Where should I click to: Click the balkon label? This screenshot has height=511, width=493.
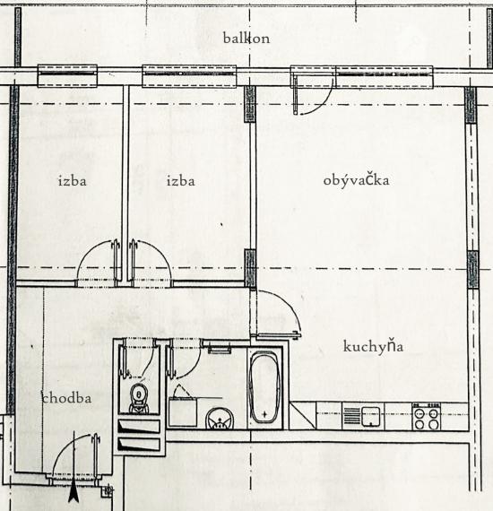click(x=246, y=39)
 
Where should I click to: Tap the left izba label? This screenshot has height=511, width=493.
click(x=73, y=181)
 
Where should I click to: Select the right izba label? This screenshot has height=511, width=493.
click(x=181, y=181)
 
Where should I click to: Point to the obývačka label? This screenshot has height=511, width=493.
click(x=356, y=181)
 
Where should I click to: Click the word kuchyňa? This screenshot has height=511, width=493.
click(x=373, y=347)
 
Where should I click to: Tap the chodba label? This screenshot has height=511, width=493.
click(x=67, y=398)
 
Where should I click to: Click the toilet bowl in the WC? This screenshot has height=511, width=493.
click(x=139, y=398)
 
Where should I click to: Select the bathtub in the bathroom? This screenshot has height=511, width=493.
click(x=264, y=387)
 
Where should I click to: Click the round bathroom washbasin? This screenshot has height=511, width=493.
click(x=220, y=418)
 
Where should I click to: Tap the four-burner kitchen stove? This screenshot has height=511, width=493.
click(x=426, y=416)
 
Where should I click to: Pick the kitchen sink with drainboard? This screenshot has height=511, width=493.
click(x=363, y=416)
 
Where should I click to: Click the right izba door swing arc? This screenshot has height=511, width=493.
click(x=159, y=253)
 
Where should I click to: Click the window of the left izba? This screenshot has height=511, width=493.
click(x=67, y=76)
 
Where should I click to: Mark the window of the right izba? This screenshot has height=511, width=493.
click(x=189, y=76)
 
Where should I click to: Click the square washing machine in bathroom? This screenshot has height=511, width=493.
click(x=183, y=411)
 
